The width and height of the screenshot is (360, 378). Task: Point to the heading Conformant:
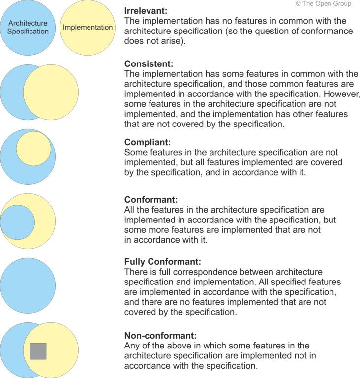click(x=150, y=200)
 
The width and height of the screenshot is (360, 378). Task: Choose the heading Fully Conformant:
click(x=163, y=262)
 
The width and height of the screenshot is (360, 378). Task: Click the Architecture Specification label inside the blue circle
click(x=28, y=27)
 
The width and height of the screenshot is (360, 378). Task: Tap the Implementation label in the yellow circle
click(x=88, y=27)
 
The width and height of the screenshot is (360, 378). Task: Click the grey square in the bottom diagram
click(x=38, y=351)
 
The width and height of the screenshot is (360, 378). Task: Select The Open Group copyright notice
click(x=323, y=4)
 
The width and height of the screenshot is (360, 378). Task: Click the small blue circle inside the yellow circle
click(x=17, y=222)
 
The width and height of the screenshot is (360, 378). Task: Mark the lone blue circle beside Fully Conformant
click(x=28, y=285)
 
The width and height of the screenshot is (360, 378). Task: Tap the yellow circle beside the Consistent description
click(x=51, y=92)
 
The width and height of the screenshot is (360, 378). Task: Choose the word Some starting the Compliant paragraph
click(x=135, y=153)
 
